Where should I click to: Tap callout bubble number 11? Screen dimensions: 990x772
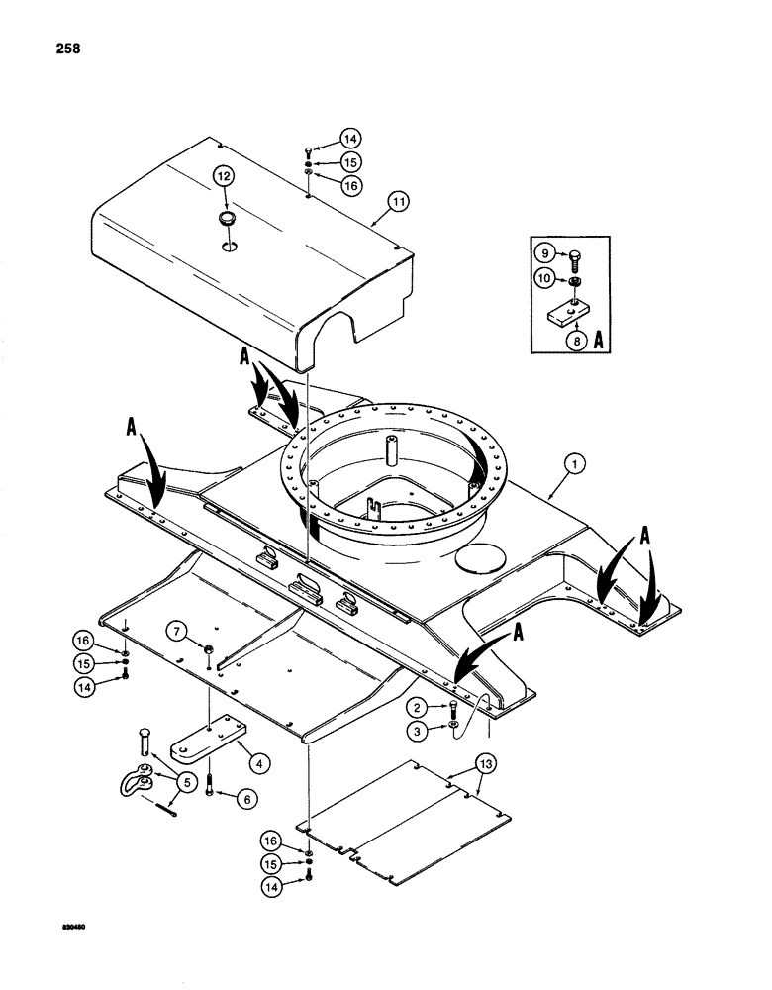[x=399, y=202]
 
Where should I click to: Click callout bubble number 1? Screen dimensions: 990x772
[x=570, y=460]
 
